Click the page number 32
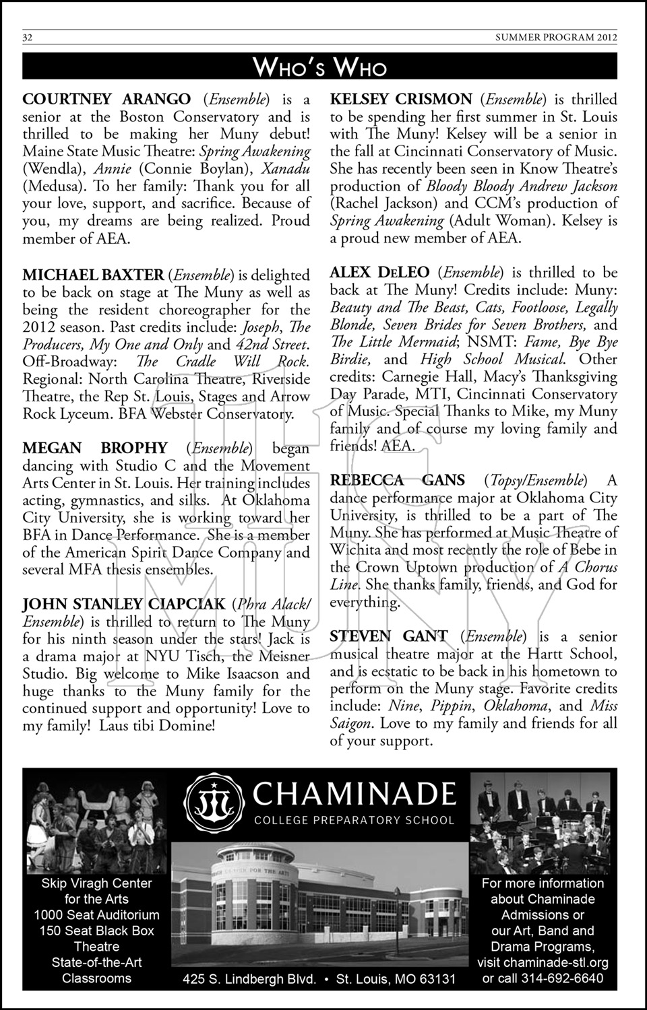(28, 38)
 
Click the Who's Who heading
(320, 67)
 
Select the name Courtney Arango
(106, 100)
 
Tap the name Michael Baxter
(93, 275)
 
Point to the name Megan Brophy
(95, 448)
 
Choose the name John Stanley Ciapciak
(124, 604)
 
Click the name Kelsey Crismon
(401, 100)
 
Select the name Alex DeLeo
(379, 273)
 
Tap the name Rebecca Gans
(397, 480)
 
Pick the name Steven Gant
(388, 636)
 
